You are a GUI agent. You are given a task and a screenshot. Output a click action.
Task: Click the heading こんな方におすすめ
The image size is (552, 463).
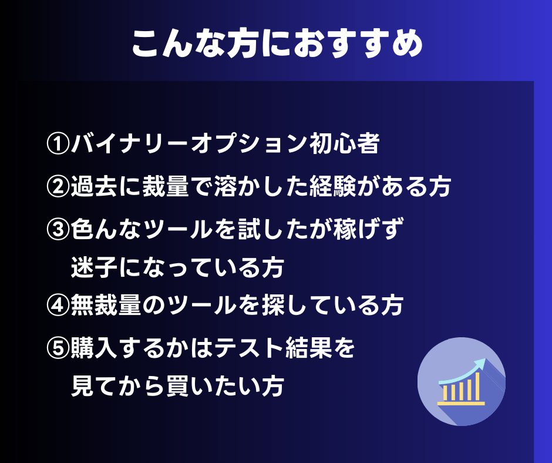[x=277, y=43]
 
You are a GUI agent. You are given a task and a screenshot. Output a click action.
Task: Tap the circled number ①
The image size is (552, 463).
[x=58, y=143]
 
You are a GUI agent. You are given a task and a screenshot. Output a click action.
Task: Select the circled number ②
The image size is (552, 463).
[x=58, y=186]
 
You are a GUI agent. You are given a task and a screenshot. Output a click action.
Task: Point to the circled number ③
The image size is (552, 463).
[x=58, y=229]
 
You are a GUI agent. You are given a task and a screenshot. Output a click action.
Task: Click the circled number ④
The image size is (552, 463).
[x=58, y=305]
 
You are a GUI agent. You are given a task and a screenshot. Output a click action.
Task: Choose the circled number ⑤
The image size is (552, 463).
[x=58, y=348]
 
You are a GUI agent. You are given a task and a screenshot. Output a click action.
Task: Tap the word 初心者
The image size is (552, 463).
[x=344, y=143]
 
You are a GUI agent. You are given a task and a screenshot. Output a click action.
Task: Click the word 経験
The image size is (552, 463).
[x=332, y=186]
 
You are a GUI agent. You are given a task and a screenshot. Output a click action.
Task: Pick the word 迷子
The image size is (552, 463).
[x=95, y=267]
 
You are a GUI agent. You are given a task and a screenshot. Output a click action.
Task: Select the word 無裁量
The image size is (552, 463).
[x=106, y=305]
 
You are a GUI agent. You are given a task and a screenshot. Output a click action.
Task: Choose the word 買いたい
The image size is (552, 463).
[x=213, y=386]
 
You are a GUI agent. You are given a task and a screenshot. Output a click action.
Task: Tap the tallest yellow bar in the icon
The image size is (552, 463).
[x=477, y=387]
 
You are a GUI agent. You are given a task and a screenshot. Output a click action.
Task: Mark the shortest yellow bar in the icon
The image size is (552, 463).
[x=445, y=393]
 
